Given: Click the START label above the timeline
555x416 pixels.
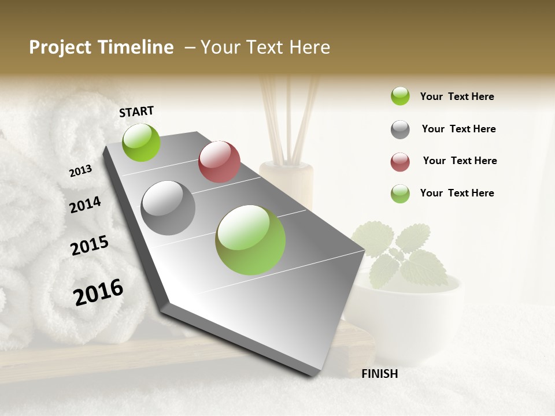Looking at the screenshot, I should click(x=136, y=112).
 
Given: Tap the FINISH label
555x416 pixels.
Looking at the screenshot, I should click(x=379, y=374).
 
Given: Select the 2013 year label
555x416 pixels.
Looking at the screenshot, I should click(x=81, y=171).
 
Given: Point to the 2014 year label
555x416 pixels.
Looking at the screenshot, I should click(x=86, y=205).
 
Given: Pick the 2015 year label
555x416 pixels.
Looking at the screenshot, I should click(x=90, y=246).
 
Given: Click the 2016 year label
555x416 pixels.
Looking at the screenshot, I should click(x=98, y=292).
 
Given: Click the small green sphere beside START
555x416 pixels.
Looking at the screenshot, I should click(x=142, y=142).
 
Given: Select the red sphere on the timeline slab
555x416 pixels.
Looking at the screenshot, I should click(x=219, y=162).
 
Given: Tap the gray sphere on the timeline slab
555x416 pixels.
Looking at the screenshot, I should click(x=168, y=208).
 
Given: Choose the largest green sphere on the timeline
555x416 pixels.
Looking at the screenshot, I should click(x=250, y=240).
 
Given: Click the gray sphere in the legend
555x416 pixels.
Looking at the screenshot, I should click(x=400, y=129).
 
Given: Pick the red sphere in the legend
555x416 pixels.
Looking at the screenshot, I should click(x=400, y=162).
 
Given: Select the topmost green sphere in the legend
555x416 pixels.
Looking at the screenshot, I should click(x=400, y=96).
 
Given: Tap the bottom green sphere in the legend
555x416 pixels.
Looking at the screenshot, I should click(x=400, y=194).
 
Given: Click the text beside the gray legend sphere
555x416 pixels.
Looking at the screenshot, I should click(x=459, y=129).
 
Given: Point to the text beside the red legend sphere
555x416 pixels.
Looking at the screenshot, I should click(x=460, y=161).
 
